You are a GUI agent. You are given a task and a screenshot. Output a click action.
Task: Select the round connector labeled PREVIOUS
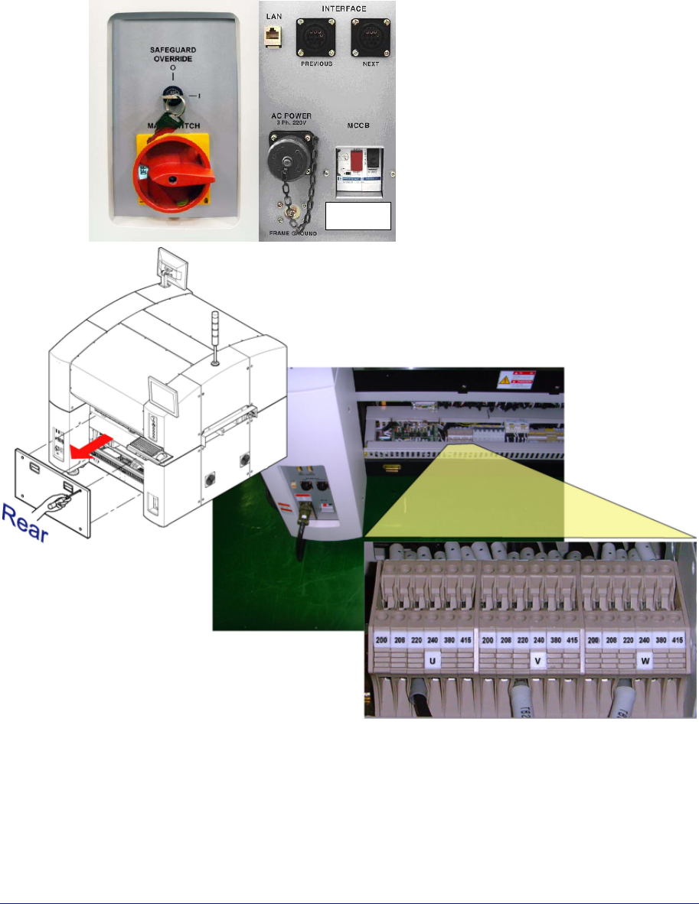[x=315, y=37]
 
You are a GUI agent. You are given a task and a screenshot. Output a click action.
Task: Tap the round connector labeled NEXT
[x=367, y=37]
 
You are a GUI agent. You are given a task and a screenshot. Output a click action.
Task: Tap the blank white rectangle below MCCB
[x=358, y=216]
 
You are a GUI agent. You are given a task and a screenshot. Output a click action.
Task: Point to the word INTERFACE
[x=342, y=8]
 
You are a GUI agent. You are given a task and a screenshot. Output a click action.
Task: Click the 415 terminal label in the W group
[x=677, y=639]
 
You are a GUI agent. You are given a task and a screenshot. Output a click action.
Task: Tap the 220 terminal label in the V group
[x=523, y=639]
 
